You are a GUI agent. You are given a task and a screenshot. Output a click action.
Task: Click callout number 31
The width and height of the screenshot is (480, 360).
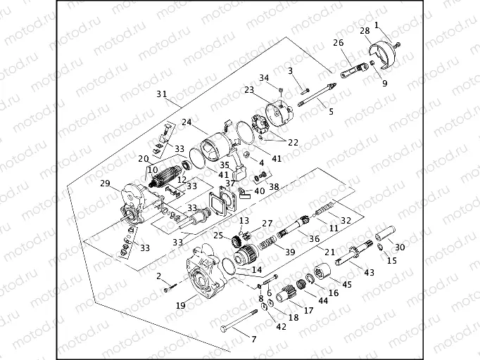(161, 94)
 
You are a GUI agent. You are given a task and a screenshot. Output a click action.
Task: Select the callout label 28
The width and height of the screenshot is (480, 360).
(365, 31)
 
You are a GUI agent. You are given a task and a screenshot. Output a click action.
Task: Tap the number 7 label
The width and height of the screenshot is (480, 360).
(254, 339)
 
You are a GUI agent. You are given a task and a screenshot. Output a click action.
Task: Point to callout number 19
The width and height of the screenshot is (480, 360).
(181, 306)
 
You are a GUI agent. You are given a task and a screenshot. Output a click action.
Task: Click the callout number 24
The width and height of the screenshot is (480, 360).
(187, 121)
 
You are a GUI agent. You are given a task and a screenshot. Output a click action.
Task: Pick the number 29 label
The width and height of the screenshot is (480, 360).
(105, 184)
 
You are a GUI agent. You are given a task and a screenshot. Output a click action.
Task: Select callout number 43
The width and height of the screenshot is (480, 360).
(370, 272)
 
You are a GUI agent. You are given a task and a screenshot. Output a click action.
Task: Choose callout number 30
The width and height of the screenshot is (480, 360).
(400, 247)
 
